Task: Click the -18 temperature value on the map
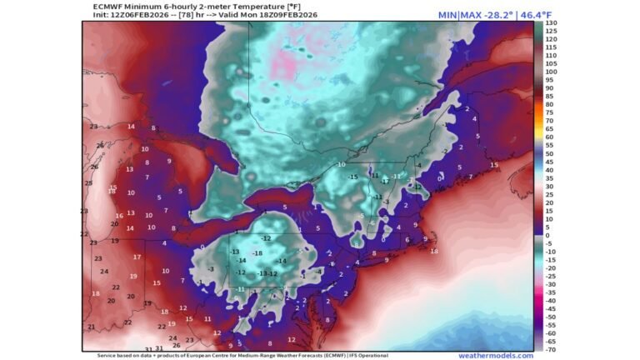click(x=257, y=252)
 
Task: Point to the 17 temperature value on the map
click(x=137, y=257)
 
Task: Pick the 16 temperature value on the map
click(x=120, y=216)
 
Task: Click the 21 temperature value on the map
click(x=91, y=327)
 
